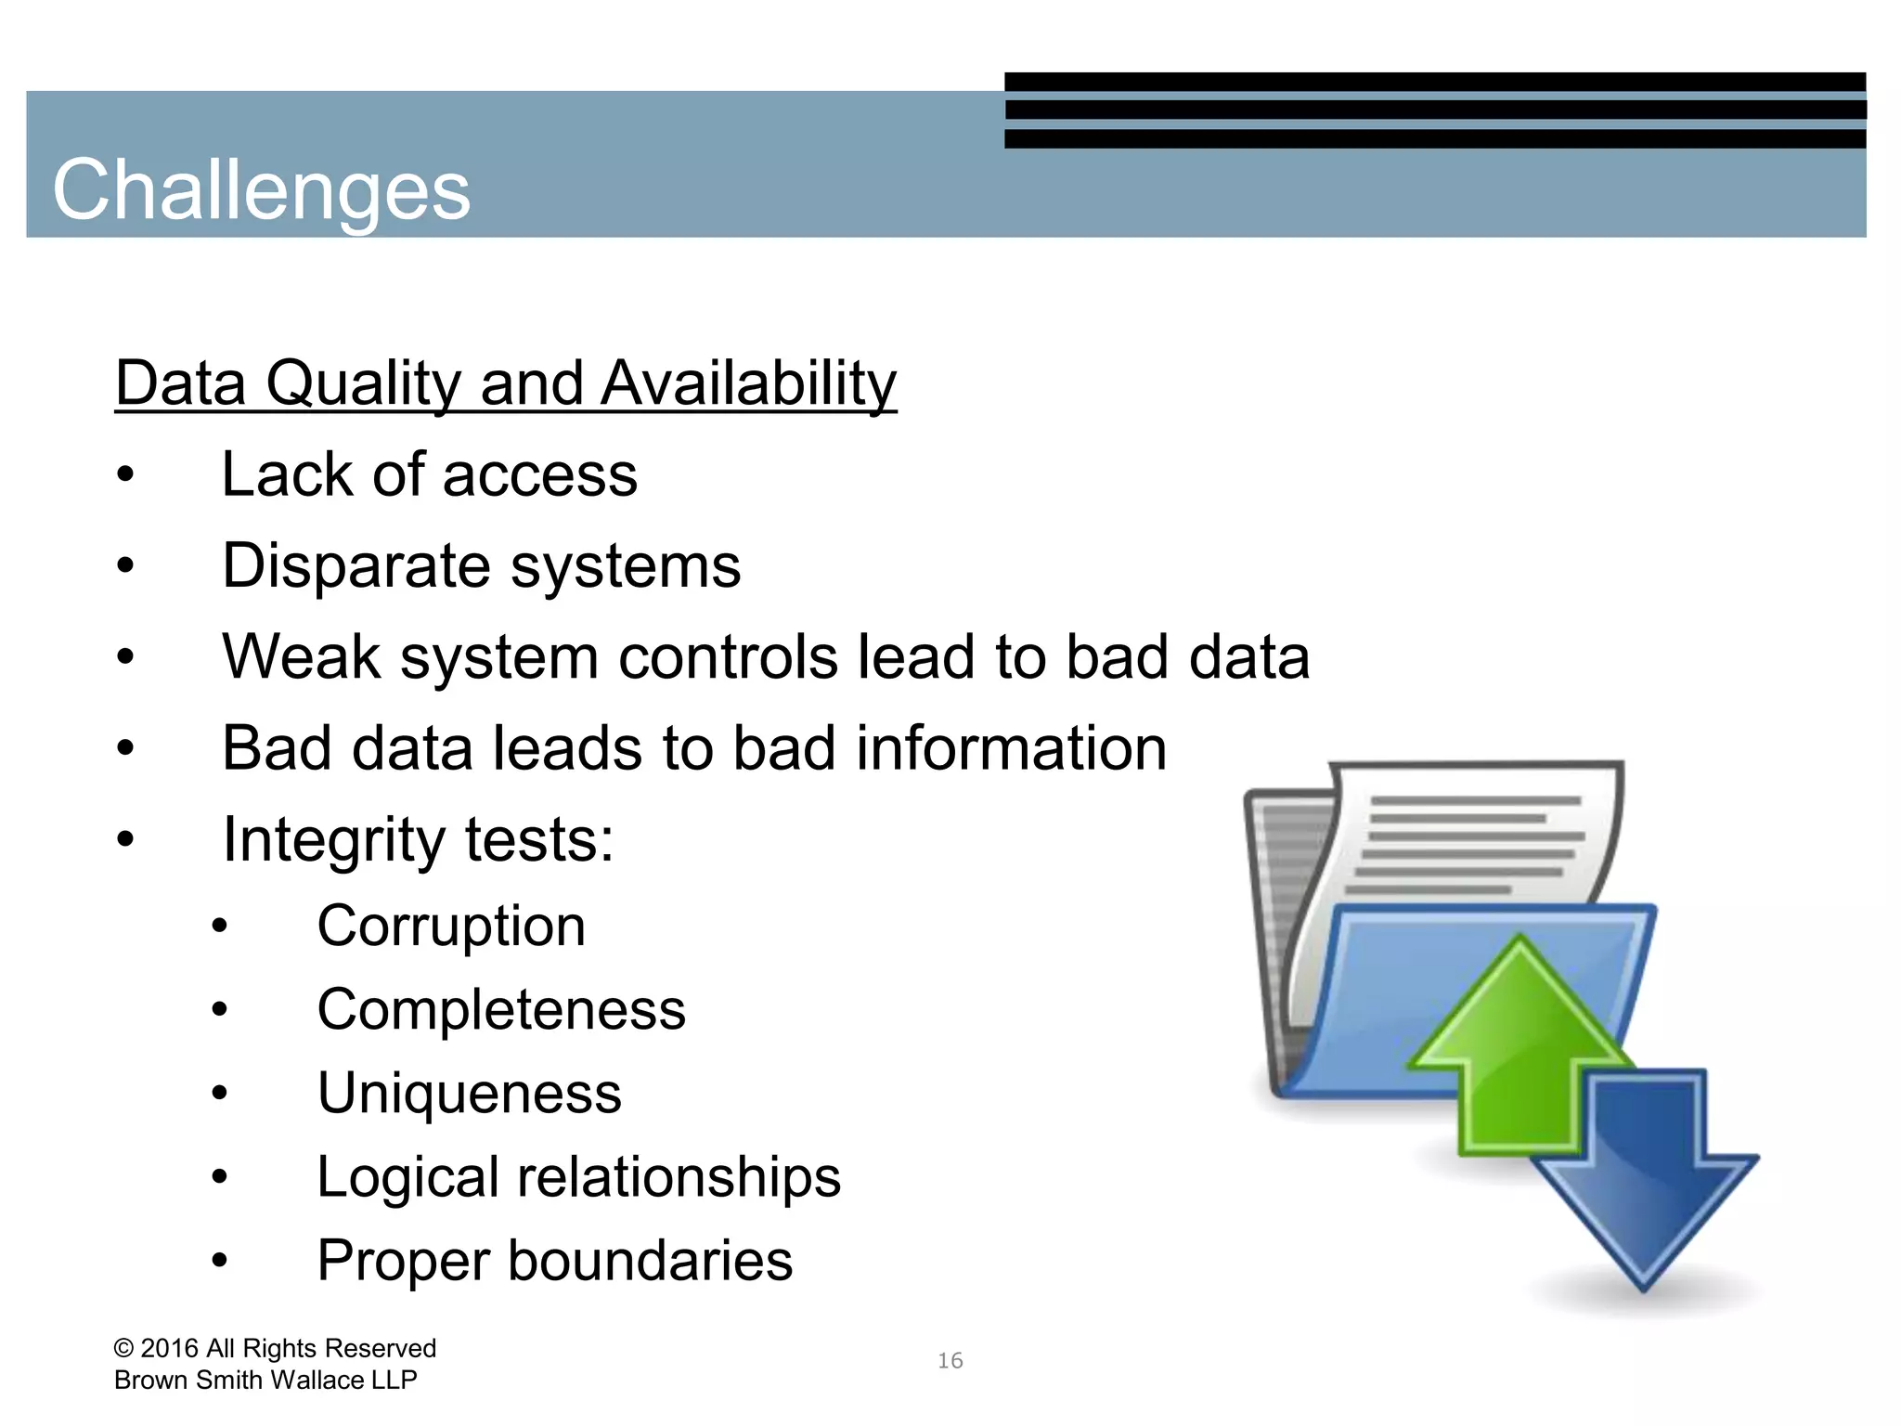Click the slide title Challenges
click(x=261, y=190)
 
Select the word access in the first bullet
click(x=540, y=475)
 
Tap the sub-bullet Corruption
click(x=451, y=927)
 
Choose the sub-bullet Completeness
click(x=501, y=1010)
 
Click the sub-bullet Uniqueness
click(x=469, y=1094)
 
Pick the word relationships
click(x=679, y=1177)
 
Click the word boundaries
click(x=650, y=1261)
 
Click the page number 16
click(x=950, y=1361)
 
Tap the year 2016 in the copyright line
click(x=169, y=1348)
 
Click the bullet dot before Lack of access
click(x=125, y=476)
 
